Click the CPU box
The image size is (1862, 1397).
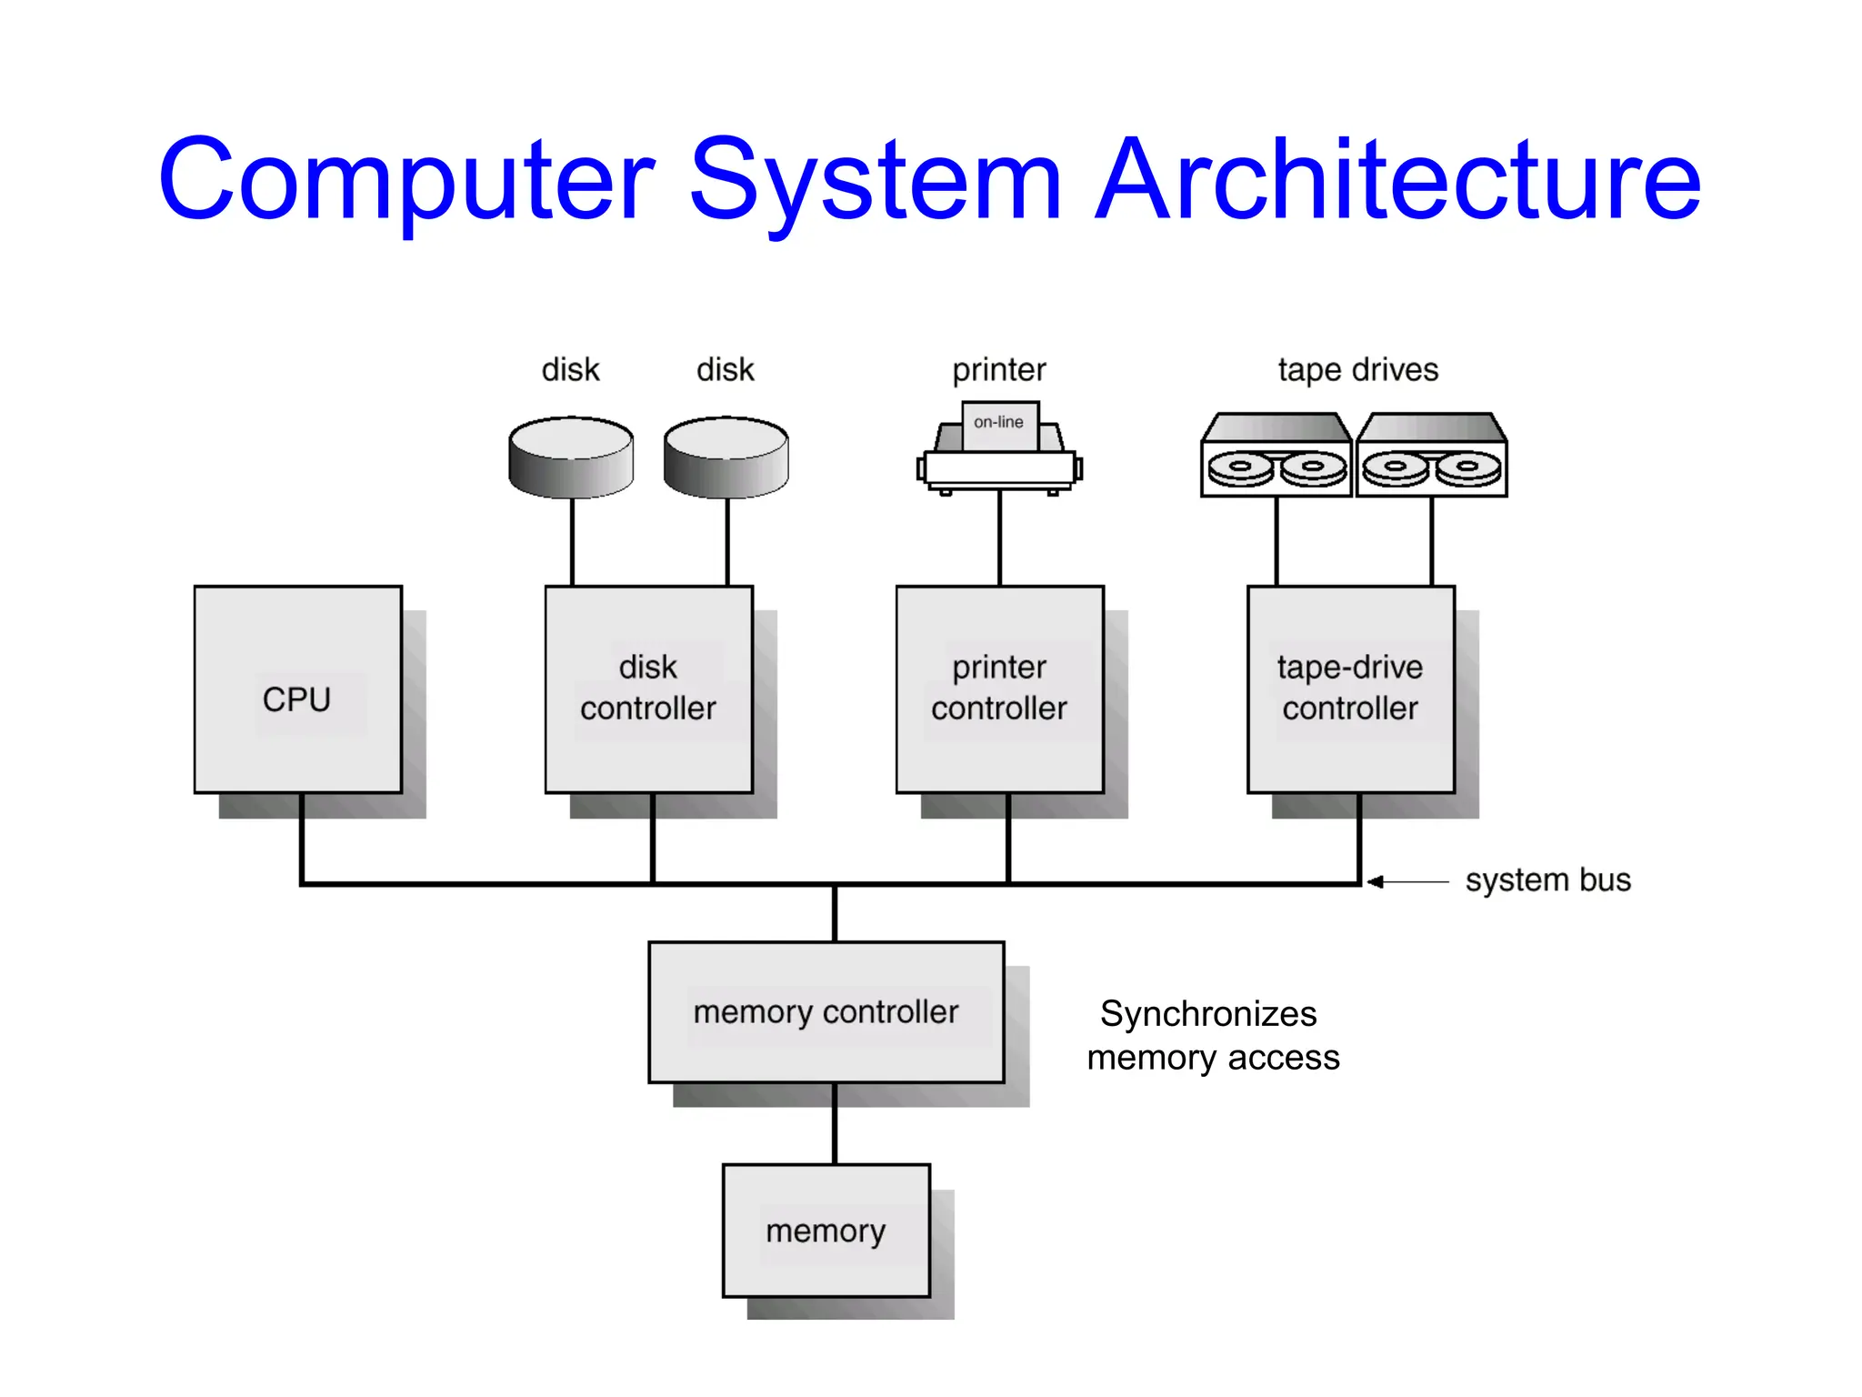[297, 689]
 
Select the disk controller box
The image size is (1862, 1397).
[648, 689]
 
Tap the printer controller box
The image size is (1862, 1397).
[999, 689]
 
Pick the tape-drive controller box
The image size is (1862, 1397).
[1350, 689]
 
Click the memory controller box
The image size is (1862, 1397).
[826, 1012]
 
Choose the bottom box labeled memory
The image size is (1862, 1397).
[826, 1231]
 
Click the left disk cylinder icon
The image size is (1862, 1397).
[571, 457]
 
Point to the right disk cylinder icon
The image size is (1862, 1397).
[726, 457]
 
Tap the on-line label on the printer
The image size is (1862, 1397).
[998, 423]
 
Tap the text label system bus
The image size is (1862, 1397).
[1547, 880]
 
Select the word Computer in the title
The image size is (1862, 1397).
[406, 179]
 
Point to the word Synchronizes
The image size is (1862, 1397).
[1207, 1014]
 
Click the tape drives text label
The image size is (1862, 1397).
[1357, 370]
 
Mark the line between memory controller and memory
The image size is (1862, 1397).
[835, 1124]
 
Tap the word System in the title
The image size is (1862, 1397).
[876, 179]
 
